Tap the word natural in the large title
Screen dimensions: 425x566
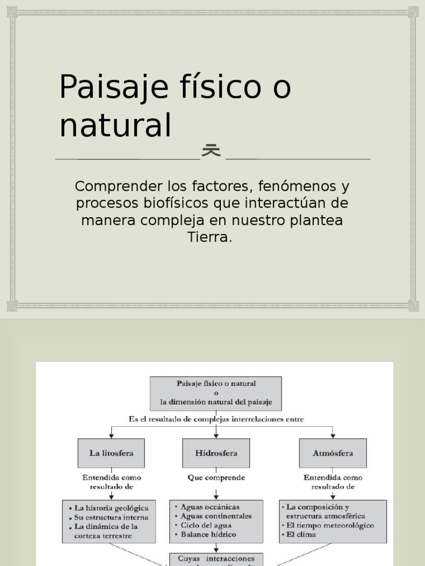[115, 125]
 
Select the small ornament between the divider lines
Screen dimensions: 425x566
[211, 150]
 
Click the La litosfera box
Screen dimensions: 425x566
[111, 453]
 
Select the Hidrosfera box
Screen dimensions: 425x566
[216, 453]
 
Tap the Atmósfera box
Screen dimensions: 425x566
[333, 453]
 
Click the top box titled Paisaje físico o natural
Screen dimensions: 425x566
[216, 393]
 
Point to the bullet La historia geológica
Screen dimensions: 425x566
[111, 507]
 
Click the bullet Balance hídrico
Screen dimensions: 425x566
[208, 534]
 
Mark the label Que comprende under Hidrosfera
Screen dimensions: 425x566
[216, 478]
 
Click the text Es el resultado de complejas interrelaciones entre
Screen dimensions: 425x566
[216, 419]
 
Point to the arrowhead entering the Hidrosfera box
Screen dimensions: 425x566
[216, 436]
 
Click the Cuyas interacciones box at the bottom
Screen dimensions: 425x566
[216, 559]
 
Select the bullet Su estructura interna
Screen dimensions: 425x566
[111, 517]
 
